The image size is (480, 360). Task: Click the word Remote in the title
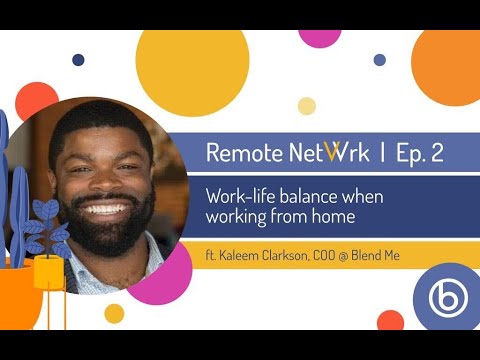click(239, 153)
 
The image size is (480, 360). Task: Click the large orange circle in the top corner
click(450, 66)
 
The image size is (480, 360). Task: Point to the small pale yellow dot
click(307, 106)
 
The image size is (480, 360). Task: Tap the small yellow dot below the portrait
click(114, 313)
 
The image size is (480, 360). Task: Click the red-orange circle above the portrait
click(37, 101)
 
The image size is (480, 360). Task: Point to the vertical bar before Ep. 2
click(382, 153)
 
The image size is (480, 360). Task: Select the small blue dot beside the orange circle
click(379, 60)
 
